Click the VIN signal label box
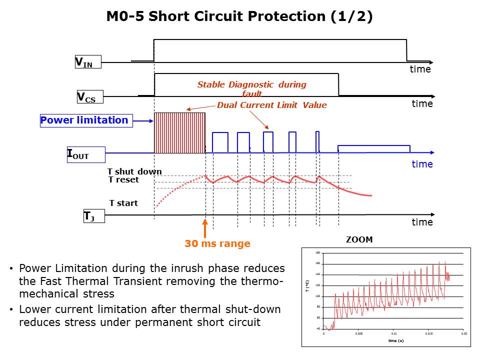point(87,62)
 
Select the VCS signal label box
point(89,97)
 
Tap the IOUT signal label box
point(85,155)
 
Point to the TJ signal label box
point(93,216)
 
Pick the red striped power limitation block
point(179,133)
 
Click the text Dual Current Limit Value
point(271,105)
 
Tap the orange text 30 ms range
point(217,244)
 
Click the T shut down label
point(134,172)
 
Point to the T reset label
point(123,179)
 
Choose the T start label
point(123,203)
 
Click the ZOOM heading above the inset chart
point(359,240)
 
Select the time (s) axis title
point(395,340)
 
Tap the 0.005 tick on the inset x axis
point(358,333)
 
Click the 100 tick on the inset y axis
point(317,296)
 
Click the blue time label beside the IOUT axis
point(422,164)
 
